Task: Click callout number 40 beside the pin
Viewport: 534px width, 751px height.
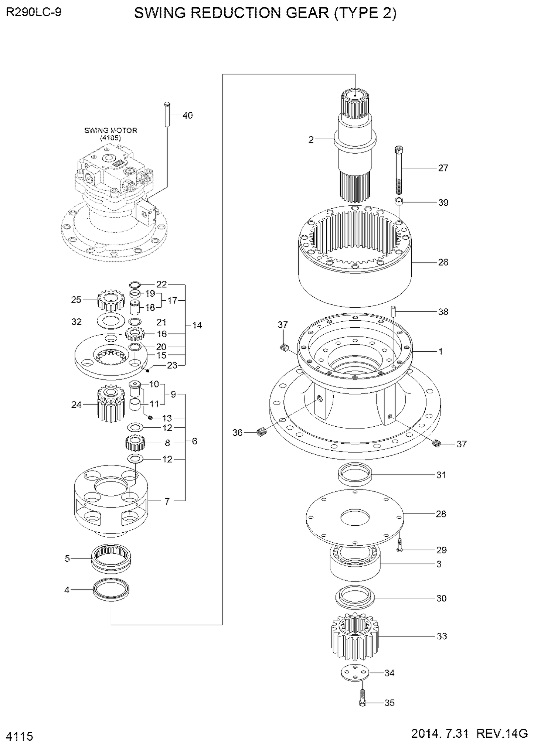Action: click(x=187, y=116)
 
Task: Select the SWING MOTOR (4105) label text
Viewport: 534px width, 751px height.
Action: click(x=110, y=134)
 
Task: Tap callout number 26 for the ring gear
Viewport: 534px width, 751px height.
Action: click(x=443, y=262)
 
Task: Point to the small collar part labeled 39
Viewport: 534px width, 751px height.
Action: click(x=398, y=202)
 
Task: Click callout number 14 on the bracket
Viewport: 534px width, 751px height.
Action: click(x=197, y=325)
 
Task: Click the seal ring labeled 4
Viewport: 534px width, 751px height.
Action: click(x=111, y=590)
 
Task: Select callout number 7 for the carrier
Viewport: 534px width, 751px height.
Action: click(x=167, y=501)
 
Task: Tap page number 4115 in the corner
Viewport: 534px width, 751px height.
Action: click(x=20, y=737)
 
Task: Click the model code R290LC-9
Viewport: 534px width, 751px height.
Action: click(x=34, y=13)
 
